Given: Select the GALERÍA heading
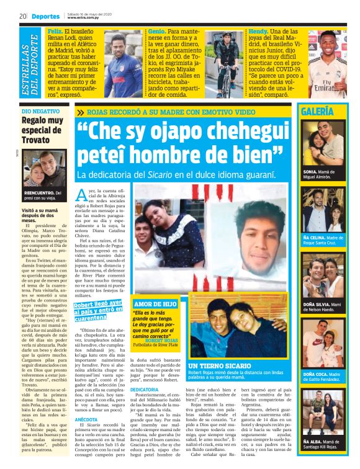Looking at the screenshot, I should [334, 112].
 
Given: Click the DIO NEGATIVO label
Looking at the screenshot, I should [41, 110].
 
